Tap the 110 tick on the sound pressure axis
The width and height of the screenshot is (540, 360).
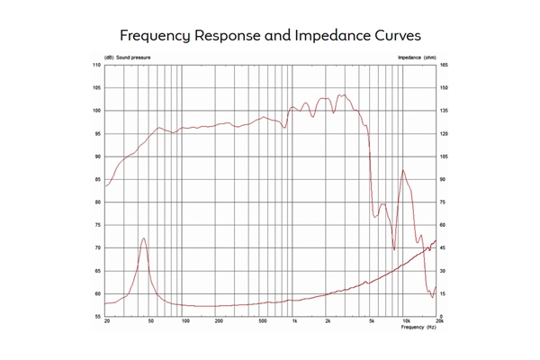click(x=95, y=66)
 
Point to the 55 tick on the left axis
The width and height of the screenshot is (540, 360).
click(x=97, y=317)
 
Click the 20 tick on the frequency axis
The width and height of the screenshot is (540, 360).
click(x=107, y=322)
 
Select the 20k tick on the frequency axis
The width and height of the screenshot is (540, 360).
click(x=439, y=322)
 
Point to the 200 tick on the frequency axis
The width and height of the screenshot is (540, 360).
click(x=218, y=322)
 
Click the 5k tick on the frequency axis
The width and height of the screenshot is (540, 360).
click(x=371, y=322)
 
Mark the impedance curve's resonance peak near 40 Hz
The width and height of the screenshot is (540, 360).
click(x=144, y=238)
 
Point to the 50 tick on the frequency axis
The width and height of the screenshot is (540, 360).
click(x=150, y=322)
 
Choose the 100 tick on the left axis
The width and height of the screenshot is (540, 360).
click(x=95, y=112)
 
